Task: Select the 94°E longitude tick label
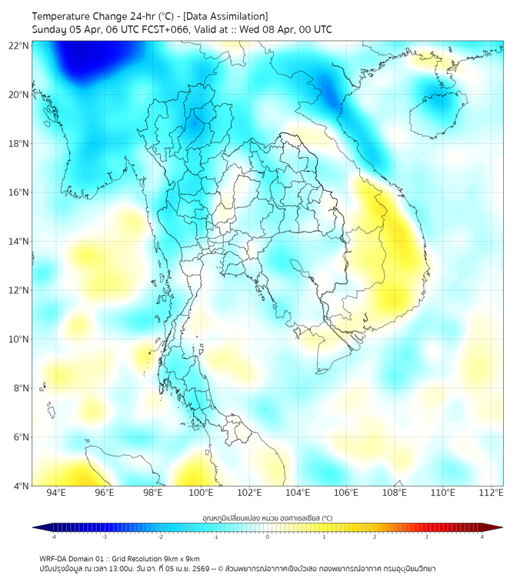(56, 493)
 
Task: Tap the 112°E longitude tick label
(491, 493)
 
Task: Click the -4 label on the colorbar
(53, 537)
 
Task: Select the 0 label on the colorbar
(268, 537)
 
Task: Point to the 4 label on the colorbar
(482, 537)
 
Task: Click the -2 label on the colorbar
(160, 537)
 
